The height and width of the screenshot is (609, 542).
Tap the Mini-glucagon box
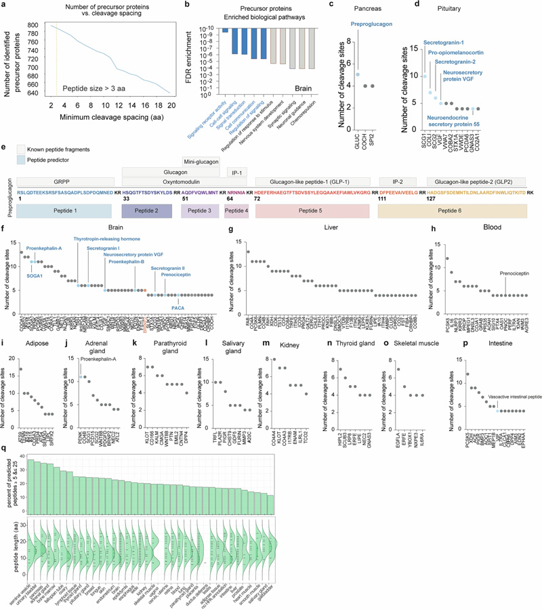tap(201, 160)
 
